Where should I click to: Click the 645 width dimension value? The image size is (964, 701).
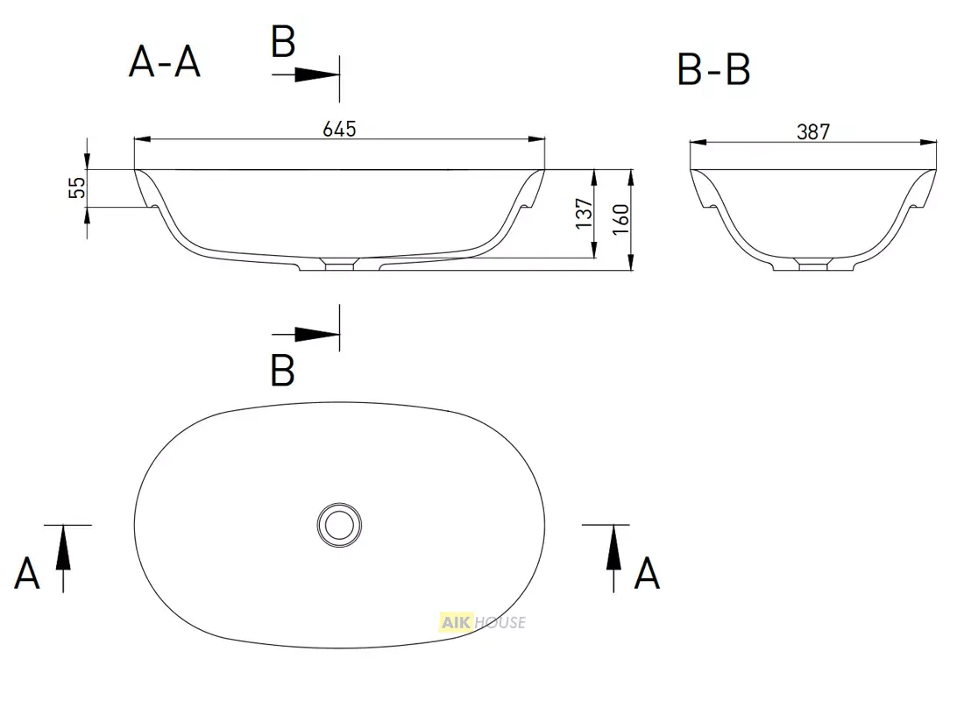(x=339, y=129)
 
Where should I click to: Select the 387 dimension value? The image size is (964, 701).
(x=812, y=131)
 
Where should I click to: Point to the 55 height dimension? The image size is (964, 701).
(x=77, y=188)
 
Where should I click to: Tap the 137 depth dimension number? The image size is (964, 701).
(x=585, y=214)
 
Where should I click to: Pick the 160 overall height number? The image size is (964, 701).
(x=621, y=219)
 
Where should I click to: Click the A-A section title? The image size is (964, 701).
(x=165, y=62)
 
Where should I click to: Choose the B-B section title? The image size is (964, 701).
(x=713, y=69)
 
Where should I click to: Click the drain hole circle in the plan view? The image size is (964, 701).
(x=339, y=525)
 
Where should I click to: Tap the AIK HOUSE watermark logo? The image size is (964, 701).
(x=483, y=622)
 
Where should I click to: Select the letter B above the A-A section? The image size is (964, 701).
(x=283, y=42)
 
